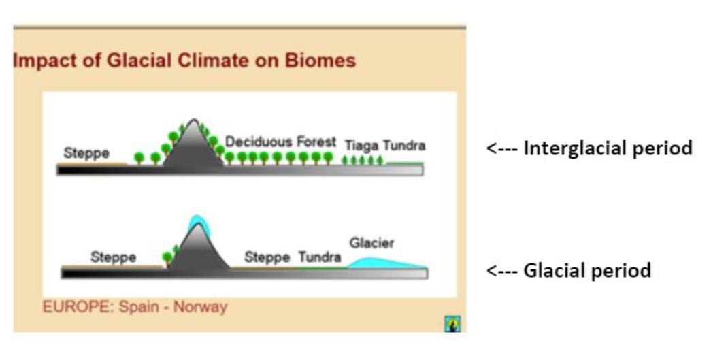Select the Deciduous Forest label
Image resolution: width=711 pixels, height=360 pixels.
pyautogui.click(x=281, y=142)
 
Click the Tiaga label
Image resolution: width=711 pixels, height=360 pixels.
pyautogui.click(x=361, y=146)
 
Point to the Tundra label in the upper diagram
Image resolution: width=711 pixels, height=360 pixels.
pyautogui.click(x=404, y=146)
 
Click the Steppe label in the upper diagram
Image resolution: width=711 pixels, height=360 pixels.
pyautogui.click(x=86, y=153)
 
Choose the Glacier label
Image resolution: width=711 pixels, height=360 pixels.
pyautogui.click(x=371, y=243)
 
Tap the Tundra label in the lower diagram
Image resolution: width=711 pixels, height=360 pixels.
pyautogui.click(x=320, y=257)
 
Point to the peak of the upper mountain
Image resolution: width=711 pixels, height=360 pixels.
pyautogui.click(x=194, y=120)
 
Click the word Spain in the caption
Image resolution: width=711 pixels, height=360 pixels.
pyautogui.click(x=139, y=307)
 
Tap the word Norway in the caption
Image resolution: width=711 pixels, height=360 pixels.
pyautogui.click(x=200, y=307)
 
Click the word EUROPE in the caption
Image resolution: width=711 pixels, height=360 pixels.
pyautogui.click(x=78, y=307)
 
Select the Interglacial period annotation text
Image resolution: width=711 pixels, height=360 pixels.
pyautogui.click(x=608, y=148)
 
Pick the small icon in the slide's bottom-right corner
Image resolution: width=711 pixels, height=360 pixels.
pyautogui.click(x=452, y=324)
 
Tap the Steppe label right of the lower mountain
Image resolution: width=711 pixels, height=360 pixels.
pyautogui.click(x=267, y=257)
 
